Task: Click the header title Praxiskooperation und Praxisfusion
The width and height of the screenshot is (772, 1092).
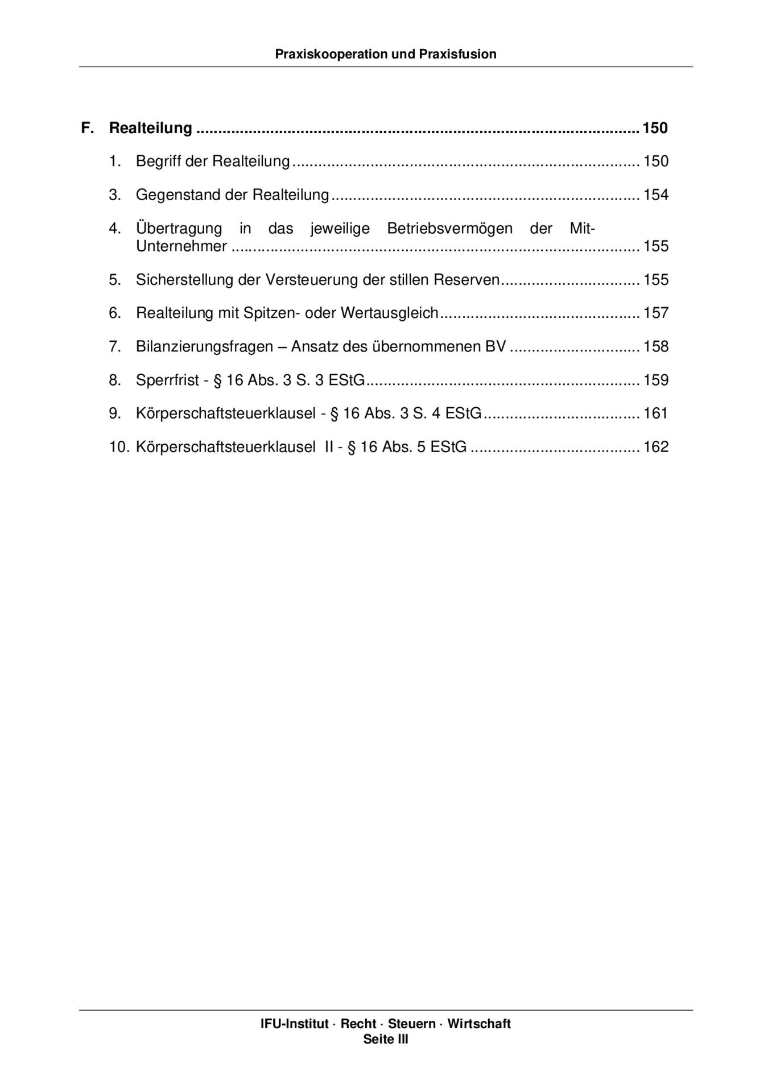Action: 385,54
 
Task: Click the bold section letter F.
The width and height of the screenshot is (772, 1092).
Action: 87,128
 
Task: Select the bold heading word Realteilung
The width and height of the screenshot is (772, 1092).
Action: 150,128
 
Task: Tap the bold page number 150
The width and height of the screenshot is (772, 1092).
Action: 655,128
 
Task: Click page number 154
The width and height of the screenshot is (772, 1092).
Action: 655,195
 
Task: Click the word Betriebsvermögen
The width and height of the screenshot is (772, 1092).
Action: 449,229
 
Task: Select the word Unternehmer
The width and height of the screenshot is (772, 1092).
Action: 181,246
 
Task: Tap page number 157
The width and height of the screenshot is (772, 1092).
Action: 655,313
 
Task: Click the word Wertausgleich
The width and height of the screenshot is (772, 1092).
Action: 389,313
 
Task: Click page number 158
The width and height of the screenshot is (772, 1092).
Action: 655,346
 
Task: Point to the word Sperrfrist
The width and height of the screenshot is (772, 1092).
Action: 167,380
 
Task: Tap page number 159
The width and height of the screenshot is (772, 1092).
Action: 655,380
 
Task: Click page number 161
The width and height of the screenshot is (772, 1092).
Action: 655,413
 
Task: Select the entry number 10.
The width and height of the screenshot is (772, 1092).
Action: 119,447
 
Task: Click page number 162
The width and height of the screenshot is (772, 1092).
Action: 655,447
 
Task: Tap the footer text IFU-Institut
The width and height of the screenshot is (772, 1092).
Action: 294,1024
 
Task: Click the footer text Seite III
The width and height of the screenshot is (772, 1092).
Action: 386,1039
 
